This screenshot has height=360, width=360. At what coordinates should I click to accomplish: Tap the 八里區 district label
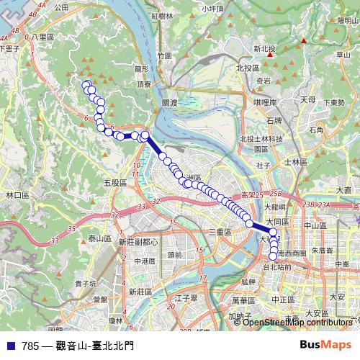pos(42,37)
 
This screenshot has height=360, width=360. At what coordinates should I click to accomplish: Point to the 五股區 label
pos(115,183)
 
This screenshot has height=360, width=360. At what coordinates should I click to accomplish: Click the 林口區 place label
pos(17,195)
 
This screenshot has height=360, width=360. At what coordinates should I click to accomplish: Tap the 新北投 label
pos(264,49)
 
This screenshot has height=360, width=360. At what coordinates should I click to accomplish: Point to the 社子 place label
pos(261,166)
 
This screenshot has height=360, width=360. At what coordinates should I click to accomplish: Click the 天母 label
pos(308,99)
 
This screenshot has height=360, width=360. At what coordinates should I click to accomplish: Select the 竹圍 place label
pos(165,55)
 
